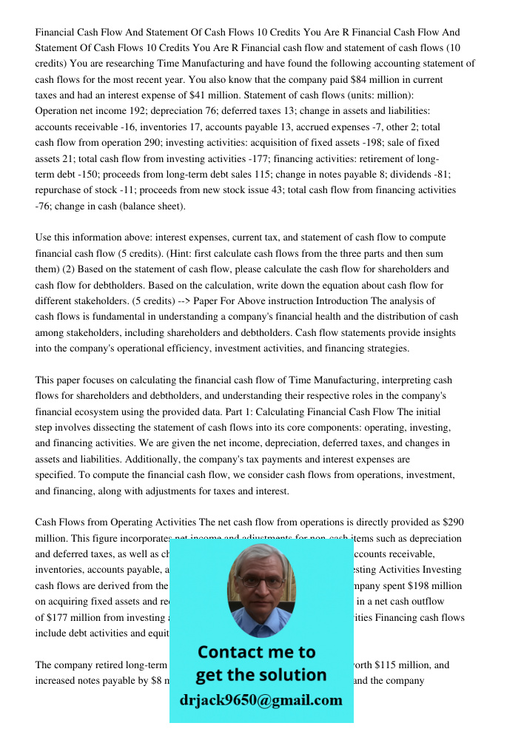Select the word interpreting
pyautogui.click(x=390, y=380)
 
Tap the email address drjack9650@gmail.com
pyautogui.click(x=261, y=700)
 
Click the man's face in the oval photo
pyautogui.click(x=261, y=585)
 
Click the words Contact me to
pyautogui.click(x=256, y=652)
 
